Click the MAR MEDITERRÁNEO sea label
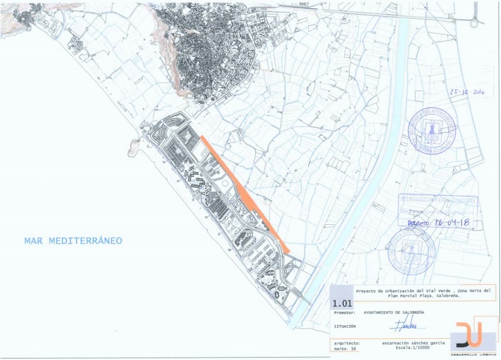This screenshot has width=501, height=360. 73,241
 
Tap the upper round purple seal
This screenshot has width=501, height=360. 432,130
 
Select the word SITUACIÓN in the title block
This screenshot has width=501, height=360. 345,326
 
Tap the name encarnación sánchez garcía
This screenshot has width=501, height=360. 413,343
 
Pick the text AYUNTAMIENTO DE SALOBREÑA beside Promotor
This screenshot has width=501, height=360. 393,312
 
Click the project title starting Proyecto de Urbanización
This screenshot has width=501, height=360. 423,293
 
